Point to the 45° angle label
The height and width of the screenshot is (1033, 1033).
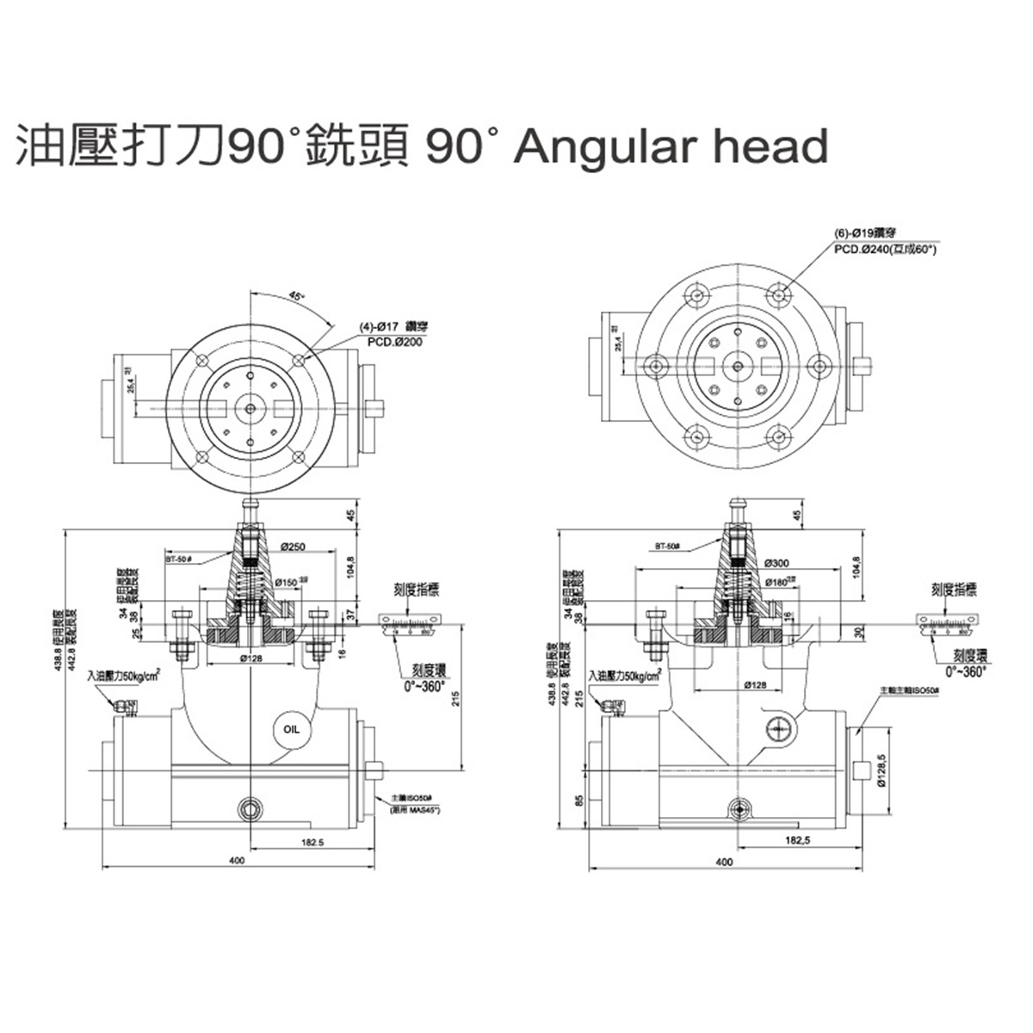[x=296, y=295]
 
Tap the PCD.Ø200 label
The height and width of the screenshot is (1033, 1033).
[x=395, y=341]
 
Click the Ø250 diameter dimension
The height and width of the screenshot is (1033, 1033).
[x=294, y=547]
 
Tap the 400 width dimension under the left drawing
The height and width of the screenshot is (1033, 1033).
[x=238, y=860]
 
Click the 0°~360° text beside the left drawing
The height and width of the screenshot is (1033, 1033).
[x=425, y=686]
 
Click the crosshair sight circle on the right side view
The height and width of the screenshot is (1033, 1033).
[x=777, y=728]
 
